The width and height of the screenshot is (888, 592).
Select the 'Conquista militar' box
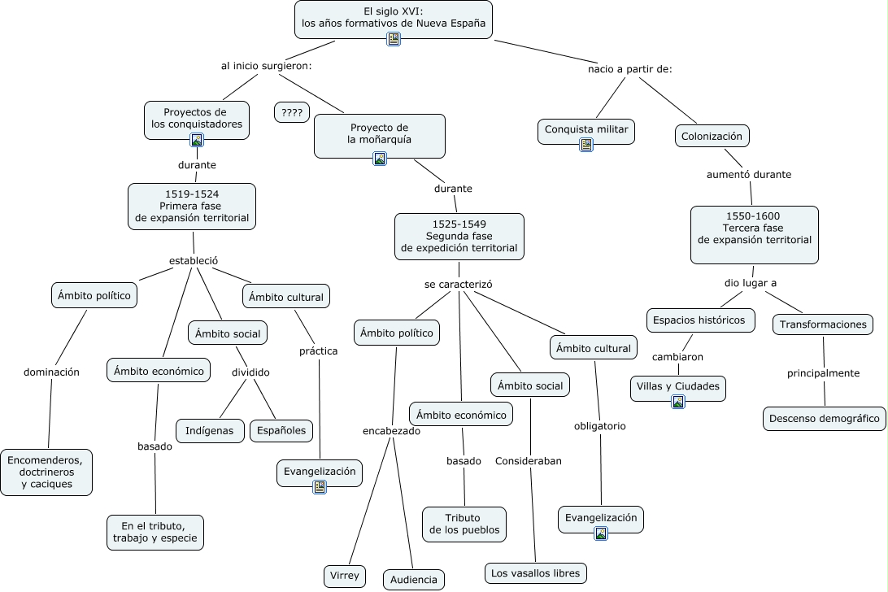[x=585, y=129]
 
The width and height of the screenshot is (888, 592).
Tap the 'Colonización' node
[x=712, y=136]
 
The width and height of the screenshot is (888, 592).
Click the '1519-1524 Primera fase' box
[x=192, y=206]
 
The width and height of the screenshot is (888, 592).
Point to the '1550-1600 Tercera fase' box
[x=754, y=234]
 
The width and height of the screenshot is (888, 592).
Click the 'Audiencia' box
[x=414, y=580]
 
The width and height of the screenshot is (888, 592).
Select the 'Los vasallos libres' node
[x=535, y=573]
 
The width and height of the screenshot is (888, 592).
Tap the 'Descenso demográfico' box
[x=824, y=419]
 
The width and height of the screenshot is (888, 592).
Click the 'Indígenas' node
[x=210, y=430]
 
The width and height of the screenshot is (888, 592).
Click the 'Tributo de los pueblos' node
[x=464, y=525]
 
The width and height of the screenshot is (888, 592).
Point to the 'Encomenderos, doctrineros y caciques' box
[x=46, y=472]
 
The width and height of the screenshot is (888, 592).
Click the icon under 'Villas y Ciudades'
[x=678, y=401]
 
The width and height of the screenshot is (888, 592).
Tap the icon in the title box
[x=394, y=39]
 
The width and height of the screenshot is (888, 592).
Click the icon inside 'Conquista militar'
[x=585, y=145]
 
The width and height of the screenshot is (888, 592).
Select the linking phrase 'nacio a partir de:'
[x=629, y=69]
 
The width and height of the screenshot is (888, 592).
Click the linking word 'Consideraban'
[x=529, y=461]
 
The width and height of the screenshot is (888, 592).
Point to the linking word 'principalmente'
[x=823, y=373]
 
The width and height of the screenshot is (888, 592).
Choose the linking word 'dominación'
[x=51, y=372]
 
